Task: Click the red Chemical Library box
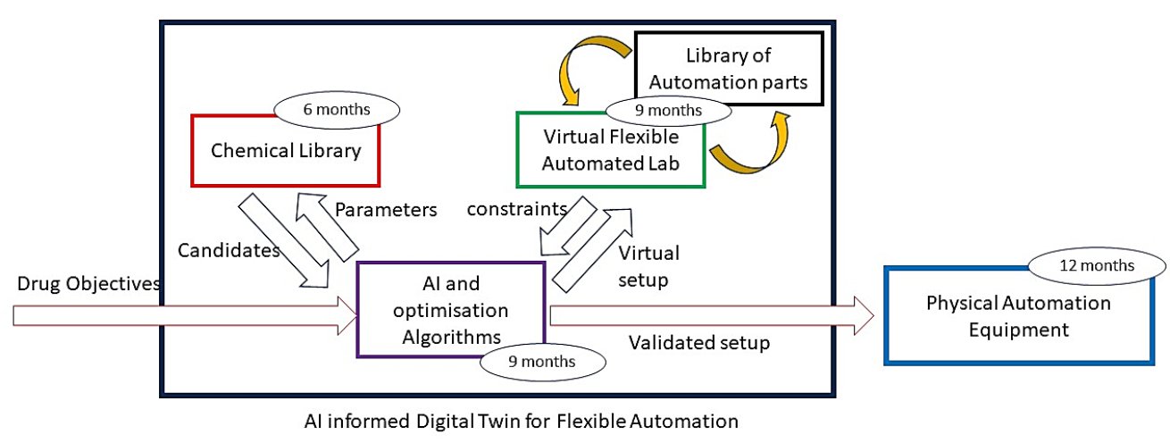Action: [286, 151]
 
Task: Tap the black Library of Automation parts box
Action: [728, 70]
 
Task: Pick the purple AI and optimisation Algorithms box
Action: [450, 309]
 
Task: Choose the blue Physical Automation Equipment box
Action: [1017, 316]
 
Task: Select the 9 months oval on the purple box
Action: [542, 361]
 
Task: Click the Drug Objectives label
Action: [88, 284]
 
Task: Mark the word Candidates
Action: [230, 249]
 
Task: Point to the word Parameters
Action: [386, 210]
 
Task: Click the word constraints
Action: [517, 209]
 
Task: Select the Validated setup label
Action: [699, 342]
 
